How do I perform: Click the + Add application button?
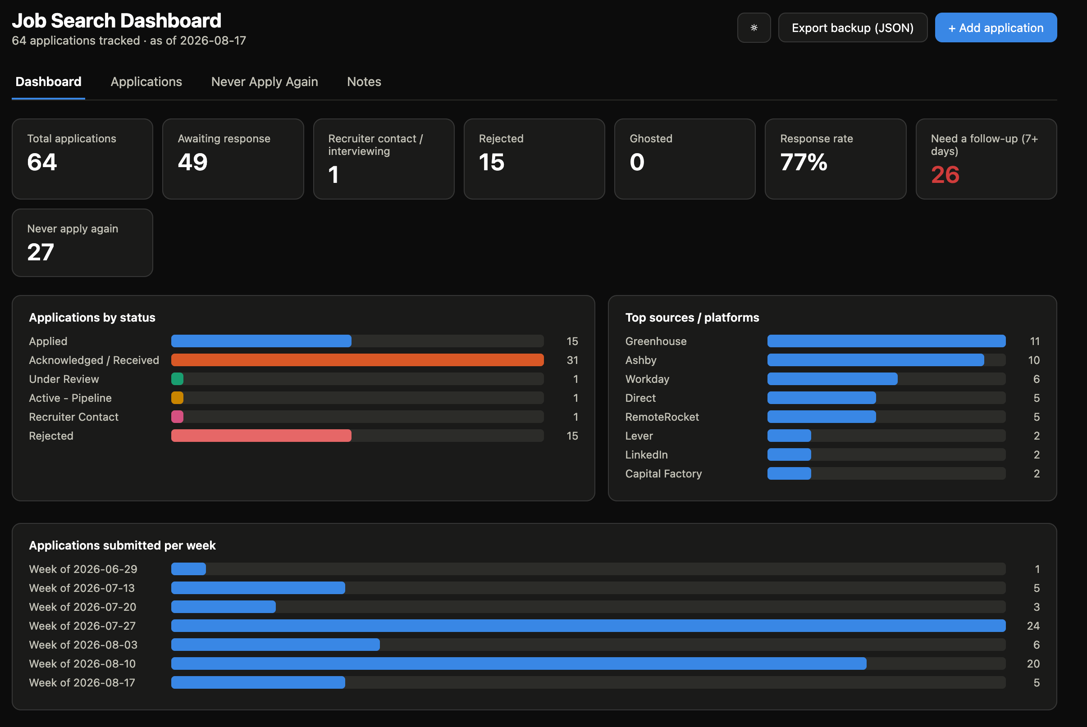point(996,28)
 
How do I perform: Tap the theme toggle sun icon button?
point(754,28)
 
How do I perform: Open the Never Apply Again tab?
point(265,82)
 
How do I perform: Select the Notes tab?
point(364,82)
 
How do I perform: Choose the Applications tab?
point(146,82)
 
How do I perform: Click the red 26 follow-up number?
point(945,175)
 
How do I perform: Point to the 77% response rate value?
point(804,162)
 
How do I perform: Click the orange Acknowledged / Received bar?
point(357,360)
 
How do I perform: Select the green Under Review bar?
point(177,379)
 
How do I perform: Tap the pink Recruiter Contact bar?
point(177,417)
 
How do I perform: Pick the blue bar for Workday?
point(832,379)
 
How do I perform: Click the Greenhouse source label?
point(656,341)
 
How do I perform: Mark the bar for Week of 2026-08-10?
point(518,663)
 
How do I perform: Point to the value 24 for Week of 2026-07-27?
point(1033,626)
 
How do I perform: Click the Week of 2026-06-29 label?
point(83,569)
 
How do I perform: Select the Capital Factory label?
point(663,473)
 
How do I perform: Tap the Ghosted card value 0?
point(637,162)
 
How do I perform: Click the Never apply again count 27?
point(41,252)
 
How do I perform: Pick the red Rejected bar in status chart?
point(261,436)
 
